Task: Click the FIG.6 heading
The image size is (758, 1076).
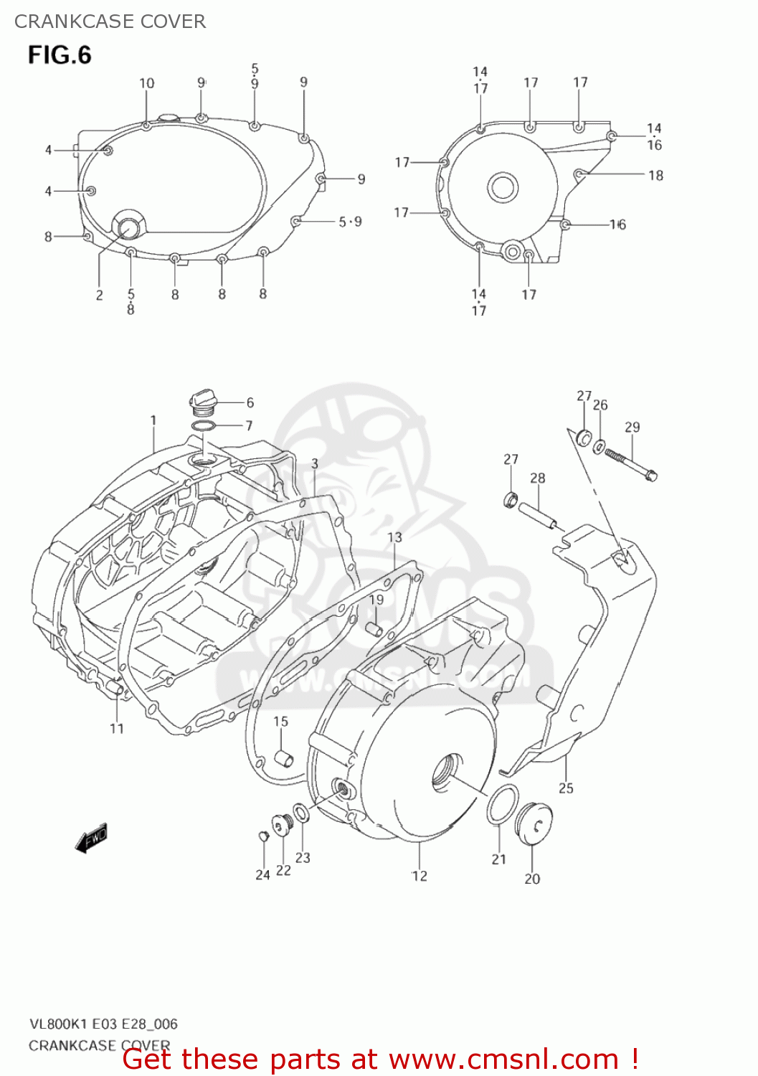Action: tap(60, 55)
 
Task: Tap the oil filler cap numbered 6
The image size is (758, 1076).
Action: tap(202, 402)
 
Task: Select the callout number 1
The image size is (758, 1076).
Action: tap(153, 420)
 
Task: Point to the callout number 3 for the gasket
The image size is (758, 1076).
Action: tap(315, 464)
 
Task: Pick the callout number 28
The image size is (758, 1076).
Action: tap(538, 478)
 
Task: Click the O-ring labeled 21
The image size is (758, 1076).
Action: tap(503, 804)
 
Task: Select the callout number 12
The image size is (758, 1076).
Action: tap(420, 876)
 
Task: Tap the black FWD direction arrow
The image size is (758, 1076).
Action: tap(92, 838)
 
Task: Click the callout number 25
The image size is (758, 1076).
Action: tap(566, 788)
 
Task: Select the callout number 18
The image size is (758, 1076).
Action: tap(655, 175)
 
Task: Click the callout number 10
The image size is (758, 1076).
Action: tap(146, 83)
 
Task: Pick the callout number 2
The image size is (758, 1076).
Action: tap(99, 295)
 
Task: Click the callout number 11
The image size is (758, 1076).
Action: tap(117, 729)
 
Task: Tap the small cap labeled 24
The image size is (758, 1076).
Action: tap(262, 835)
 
